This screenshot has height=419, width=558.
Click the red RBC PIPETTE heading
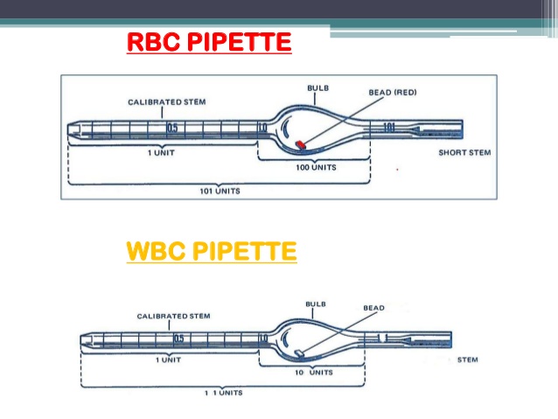click(209, 41)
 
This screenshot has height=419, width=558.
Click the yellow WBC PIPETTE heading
click(212, 252)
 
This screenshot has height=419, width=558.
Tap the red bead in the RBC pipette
click(300, 142)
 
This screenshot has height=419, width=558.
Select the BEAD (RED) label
click(393, 92)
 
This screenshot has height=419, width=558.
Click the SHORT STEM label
click(464, 151)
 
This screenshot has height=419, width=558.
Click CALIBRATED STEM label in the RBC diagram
click(167, 102)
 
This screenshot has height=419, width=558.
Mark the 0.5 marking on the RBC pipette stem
click(173, 129)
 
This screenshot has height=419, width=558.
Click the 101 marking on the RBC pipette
click(389, 128)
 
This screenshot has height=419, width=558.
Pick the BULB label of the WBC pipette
click(316, 304)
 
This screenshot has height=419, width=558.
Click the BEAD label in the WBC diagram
click(373, 308)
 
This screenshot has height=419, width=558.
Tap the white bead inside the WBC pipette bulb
click(300, 353)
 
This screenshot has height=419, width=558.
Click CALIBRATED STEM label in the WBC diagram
click(173, 316)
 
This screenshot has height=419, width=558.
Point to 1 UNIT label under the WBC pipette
click(168, 360)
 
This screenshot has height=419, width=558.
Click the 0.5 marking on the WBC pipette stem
click(178, 338)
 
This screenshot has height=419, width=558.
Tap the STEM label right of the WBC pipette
click(468, 360)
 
